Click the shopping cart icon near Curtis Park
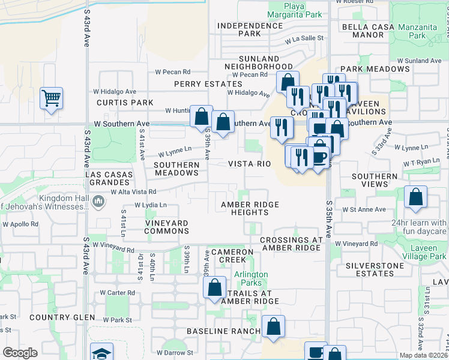tap(52, 98)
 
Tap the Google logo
tap(20, 353)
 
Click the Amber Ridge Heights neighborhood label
tap(250, 208)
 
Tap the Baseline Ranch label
tap(223, 331)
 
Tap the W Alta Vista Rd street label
tap(133, 192)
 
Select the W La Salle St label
tap(304, 40)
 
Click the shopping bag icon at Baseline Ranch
tap(274, 327)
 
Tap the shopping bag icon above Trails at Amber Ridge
tap(215, 287)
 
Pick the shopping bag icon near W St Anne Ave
tap(415, 197)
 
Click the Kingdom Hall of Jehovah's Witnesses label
tap(62, 203)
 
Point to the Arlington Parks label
tap(251, 278)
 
